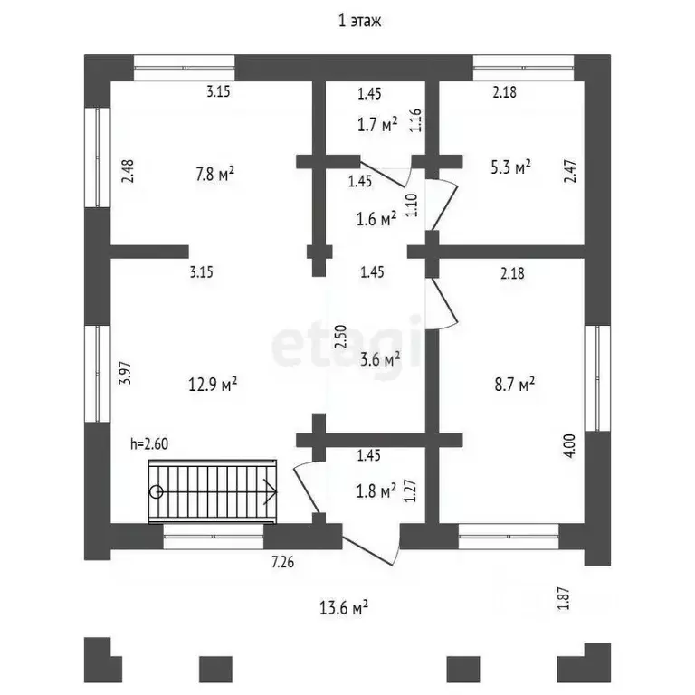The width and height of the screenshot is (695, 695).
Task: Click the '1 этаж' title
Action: coord(359,21)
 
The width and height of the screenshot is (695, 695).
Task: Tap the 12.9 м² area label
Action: coord(213,384)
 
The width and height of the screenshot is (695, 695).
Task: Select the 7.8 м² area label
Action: coord(215,174)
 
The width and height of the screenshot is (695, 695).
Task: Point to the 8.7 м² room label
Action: coord(515,384)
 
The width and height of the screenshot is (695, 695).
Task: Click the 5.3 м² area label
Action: coord(511,167)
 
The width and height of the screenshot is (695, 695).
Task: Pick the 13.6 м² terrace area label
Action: coord(344,608)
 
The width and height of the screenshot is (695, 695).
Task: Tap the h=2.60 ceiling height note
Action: coord(149,443)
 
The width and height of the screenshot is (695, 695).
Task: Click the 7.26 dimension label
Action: coord(282,562)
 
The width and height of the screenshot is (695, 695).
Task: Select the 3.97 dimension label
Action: coord(127,373)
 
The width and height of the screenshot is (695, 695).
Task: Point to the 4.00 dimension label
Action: coord(569,445)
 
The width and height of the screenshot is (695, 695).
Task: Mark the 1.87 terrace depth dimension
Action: coord(564,598)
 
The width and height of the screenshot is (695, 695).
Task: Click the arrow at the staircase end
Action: coord(270,492)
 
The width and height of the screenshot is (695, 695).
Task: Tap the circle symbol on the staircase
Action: coord(156,491)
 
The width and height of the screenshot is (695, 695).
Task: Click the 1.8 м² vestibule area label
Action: coord(376,491)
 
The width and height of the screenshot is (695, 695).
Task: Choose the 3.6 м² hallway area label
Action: coord(380,359)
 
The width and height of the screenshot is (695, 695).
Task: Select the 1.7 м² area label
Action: coord(377,125)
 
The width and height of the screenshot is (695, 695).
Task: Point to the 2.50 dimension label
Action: coord(340,337)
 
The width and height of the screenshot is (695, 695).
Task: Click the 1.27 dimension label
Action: coord(410,490)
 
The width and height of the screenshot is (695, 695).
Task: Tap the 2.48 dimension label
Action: coord(128,172)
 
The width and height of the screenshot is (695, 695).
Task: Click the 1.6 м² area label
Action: coord(376,219)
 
